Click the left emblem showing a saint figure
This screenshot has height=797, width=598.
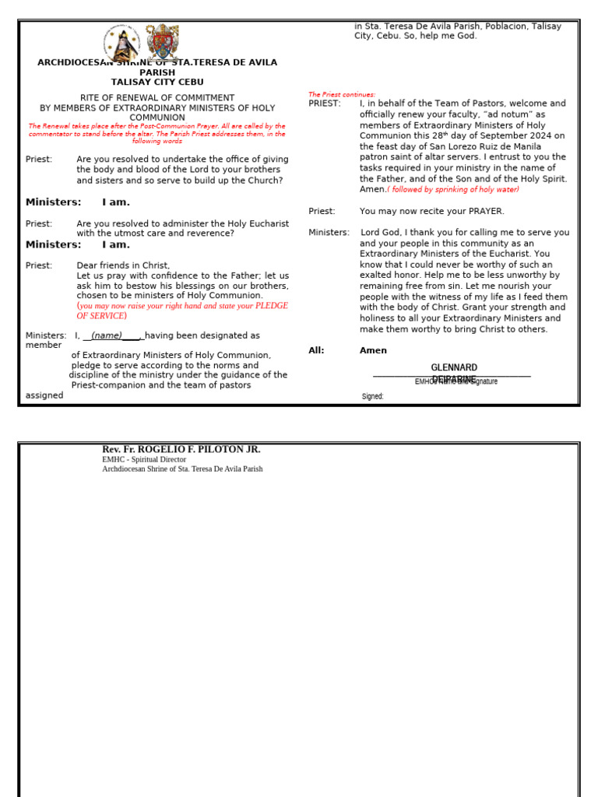click(122, 44)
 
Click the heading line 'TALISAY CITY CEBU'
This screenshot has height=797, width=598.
click(157, 82)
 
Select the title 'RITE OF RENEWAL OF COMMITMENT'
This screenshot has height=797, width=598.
click(157, 98)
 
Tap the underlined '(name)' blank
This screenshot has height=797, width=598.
click(107, 335)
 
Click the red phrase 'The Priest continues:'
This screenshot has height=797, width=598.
click(342, 94)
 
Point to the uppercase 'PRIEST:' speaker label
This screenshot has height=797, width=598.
click(325, 104)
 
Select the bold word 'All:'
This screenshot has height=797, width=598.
click(317, 350)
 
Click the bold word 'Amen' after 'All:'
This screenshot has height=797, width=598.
click(373, 350)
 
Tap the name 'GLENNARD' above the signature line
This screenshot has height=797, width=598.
click(454, 367)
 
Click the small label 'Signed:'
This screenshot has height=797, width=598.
click(373, 396)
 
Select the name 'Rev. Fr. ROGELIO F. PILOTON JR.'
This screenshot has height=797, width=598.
click(181, 449)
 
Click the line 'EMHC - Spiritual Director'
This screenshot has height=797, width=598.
click(144, 459)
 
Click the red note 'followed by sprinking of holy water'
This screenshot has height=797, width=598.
click(454, 189)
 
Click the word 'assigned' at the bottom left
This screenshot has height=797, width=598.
click(44, 395)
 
